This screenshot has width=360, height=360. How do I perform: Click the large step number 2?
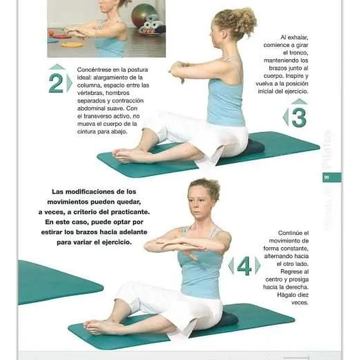point(55,84)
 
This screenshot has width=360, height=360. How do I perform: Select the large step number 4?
point(244,266)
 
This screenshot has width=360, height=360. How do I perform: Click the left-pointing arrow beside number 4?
point(231,266)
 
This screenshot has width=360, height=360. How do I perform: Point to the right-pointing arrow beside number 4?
point(258,266)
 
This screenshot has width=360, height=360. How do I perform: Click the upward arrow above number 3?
point(299,101)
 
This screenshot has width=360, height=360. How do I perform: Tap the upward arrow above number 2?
point(56,67)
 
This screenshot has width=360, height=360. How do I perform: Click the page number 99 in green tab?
point(326,178)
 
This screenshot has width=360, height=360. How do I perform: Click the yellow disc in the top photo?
point(72,45)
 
